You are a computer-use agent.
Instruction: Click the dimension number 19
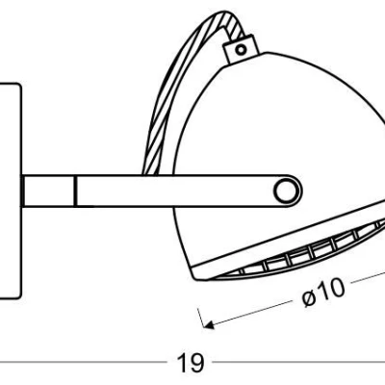(191, 363)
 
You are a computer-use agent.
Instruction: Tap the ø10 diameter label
(323, 292)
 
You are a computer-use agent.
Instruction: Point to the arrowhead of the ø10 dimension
(209, 325)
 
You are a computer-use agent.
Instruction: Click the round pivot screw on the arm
(286, 191)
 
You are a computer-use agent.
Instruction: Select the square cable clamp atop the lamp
(241, 49)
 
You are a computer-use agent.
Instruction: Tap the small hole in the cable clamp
(241, 49)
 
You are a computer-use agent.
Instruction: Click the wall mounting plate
(11, 191)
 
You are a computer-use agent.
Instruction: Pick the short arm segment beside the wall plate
(48, 191)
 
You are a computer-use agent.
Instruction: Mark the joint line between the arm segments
(75, 191)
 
